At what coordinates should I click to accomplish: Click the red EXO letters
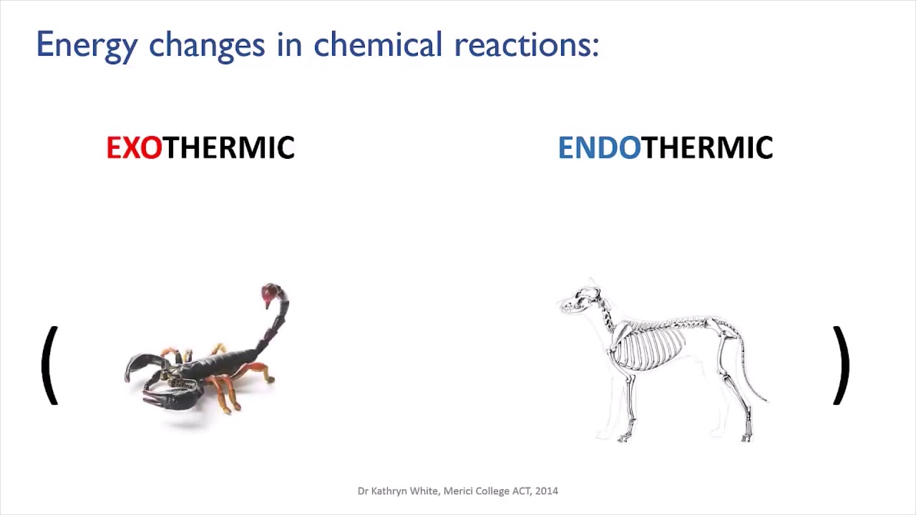pos(134,148)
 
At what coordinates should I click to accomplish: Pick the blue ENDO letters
pos(598,148)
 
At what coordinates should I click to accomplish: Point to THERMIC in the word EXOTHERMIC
pos(229,148)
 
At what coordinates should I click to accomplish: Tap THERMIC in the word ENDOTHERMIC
pos(707,148)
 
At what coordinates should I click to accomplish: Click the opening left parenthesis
pos(49,366)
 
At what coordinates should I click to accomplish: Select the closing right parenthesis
pos(842,366)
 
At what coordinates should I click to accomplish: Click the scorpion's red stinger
pos(271,293)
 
